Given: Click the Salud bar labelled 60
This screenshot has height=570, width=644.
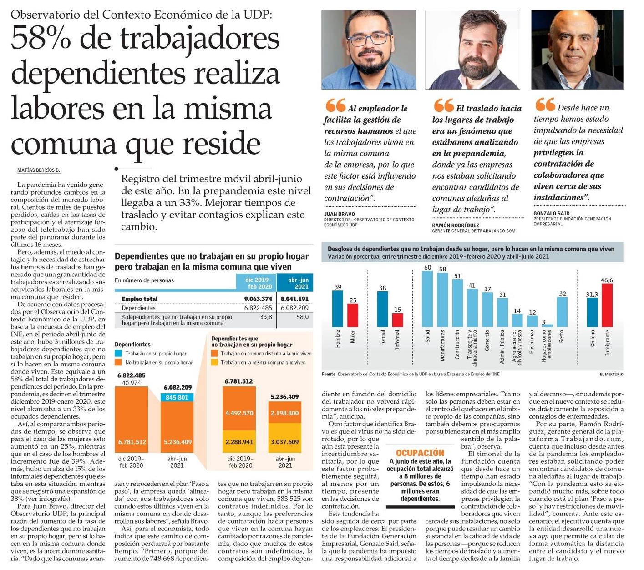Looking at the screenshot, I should (427, 299).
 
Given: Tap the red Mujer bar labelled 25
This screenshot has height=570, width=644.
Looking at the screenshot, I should (353, 315).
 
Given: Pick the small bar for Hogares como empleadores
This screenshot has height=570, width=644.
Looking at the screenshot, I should (547, 325).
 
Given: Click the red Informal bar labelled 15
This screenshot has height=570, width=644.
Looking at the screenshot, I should (397, 320).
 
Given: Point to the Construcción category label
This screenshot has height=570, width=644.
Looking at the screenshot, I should (457, 345).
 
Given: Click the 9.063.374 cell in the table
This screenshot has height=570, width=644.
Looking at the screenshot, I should (258, 299).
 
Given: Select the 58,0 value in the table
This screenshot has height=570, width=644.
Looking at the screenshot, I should (302, 317).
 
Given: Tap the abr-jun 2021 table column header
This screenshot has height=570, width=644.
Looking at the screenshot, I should (298, 283).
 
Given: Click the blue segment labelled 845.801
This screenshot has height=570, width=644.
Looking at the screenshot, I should (177, 397).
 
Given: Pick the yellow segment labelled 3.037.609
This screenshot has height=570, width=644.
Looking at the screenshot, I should (284, 442).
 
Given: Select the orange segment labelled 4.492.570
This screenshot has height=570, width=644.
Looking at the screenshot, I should (239, 413).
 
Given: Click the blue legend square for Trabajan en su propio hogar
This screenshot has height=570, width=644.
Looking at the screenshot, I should (118, 353).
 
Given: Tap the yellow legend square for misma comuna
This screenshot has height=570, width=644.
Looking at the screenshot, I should (214, 362).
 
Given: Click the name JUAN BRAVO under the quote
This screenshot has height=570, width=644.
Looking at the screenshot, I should (340, 214).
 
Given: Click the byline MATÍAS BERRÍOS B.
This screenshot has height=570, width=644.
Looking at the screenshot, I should (39, 170).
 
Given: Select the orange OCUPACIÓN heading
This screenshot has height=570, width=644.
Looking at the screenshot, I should (420, 453).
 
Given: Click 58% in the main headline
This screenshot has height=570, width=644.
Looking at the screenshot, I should (41, 39).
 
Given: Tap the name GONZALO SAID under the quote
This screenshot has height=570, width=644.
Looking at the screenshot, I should (551, 213).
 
